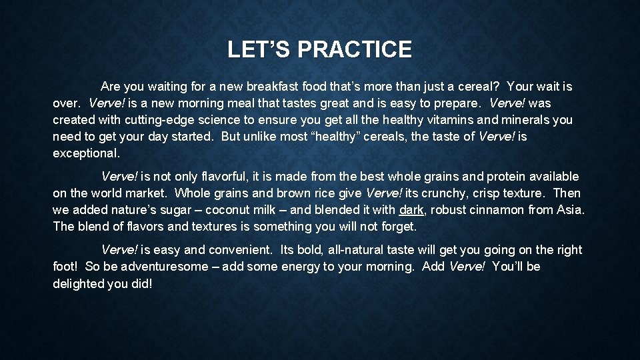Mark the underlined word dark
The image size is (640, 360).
[411, 210]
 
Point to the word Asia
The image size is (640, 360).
[571, 210]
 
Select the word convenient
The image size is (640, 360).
[240, 250]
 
